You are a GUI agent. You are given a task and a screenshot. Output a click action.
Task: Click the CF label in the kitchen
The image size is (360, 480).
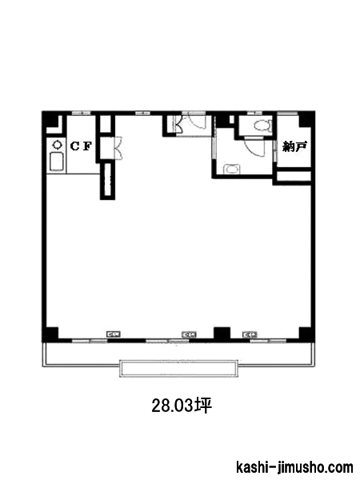tap(81, 146)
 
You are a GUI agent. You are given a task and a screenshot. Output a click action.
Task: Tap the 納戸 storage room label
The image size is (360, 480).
tap(294, 147)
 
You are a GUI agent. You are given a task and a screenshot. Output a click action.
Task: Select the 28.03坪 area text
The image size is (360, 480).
tap(182, 406)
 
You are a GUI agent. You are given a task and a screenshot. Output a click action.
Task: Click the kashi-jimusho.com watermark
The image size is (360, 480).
tap(294, 467)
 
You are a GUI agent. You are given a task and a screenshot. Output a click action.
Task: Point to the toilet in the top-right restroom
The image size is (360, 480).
tap(262, 126)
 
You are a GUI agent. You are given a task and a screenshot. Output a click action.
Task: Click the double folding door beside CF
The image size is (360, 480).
tap(118, 148)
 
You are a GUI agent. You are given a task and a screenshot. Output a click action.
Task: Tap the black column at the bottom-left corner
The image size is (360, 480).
tap(50, 334)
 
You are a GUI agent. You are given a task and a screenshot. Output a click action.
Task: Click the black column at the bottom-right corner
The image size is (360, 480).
tap(306, 334)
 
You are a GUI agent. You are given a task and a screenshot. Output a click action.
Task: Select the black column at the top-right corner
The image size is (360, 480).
tap(306, 119)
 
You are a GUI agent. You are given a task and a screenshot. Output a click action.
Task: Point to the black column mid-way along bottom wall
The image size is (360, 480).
tap(222, 334)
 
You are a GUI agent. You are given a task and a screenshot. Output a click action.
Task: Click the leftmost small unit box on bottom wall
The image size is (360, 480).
tap(113, 334)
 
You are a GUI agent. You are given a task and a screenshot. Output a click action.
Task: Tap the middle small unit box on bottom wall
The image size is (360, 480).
tap(189, 334)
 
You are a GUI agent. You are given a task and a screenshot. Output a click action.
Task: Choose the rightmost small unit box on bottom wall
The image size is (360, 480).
tap(250, 334)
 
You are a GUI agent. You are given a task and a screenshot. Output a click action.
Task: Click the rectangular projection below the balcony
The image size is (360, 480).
tap(178, 368)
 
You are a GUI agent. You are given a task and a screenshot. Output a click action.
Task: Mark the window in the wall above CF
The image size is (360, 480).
tap(82, 113)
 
